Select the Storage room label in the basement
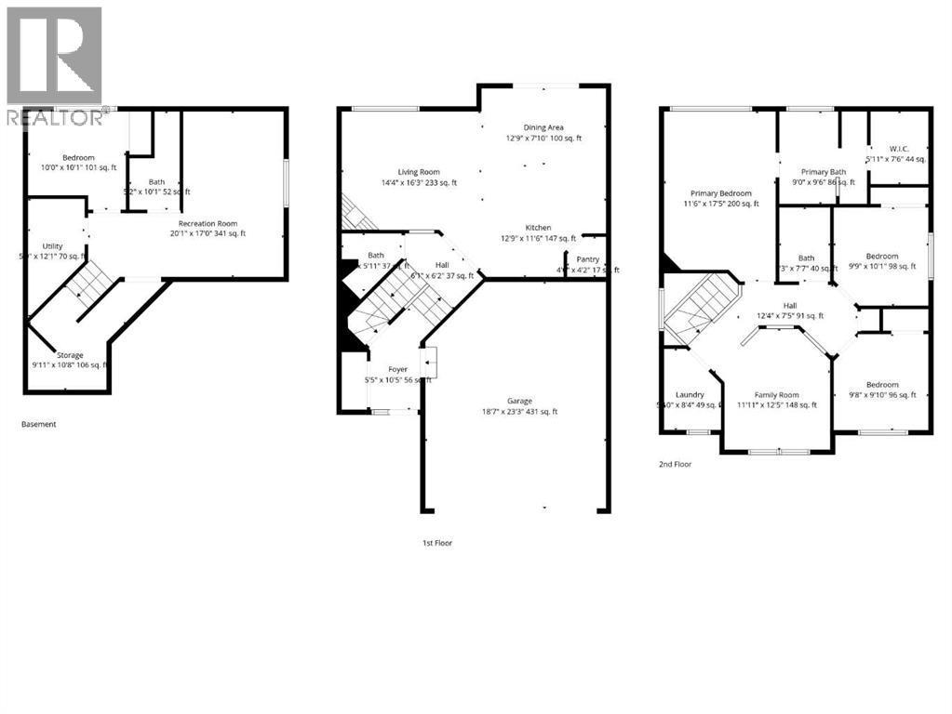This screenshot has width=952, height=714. pos(69,355)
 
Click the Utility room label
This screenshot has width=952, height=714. pos(52,246)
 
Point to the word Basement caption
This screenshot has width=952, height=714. pos(39,424)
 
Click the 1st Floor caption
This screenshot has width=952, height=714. pos(436,542)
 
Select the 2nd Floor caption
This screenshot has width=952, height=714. pos(676,463)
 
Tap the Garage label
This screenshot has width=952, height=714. pos(519,401)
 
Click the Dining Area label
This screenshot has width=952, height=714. pos(543,127)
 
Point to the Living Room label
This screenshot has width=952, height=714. pos(419,172)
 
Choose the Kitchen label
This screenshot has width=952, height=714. pos(538,228)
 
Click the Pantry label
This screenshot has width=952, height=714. pos(588,259)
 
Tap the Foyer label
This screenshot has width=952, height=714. pos(397,369)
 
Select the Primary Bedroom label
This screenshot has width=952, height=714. pos(717,193)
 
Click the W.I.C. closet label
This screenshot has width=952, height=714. pos(898,149)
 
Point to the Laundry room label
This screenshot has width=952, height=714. pos(690,394)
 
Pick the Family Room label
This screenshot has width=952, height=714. pos(776,394)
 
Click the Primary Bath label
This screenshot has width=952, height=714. pos(824,172)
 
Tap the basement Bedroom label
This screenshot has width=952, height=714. pos(79,158)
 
